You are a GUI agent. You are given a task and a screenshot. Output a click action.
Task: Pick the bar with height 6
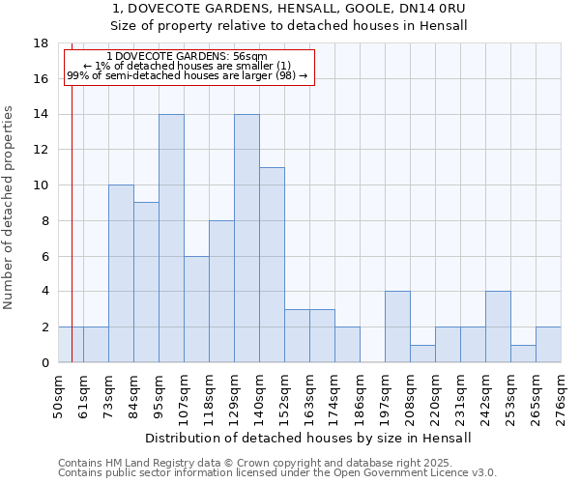(196, 309)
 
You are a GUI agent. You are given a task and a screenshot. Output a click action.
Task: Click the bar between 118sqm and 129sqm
(221, 291)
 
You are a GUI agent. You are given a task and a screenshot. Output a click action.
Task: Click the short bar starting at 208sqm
(422, 354)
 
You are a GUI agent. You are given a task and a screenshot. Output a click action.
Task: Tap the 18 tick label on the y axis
(42, 43)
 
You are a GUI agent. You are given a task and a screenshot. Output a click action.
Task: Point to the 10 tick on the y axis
(42, 185)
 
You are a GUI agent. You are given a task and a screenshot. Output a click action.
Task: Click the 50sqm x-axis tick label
(58, 396)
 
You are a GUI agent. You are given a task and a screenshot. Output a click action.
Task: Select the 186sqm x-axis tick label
(360, 396)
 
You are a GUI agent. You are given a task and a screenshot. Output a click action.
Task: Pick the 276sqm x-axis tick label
(561, 396)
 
